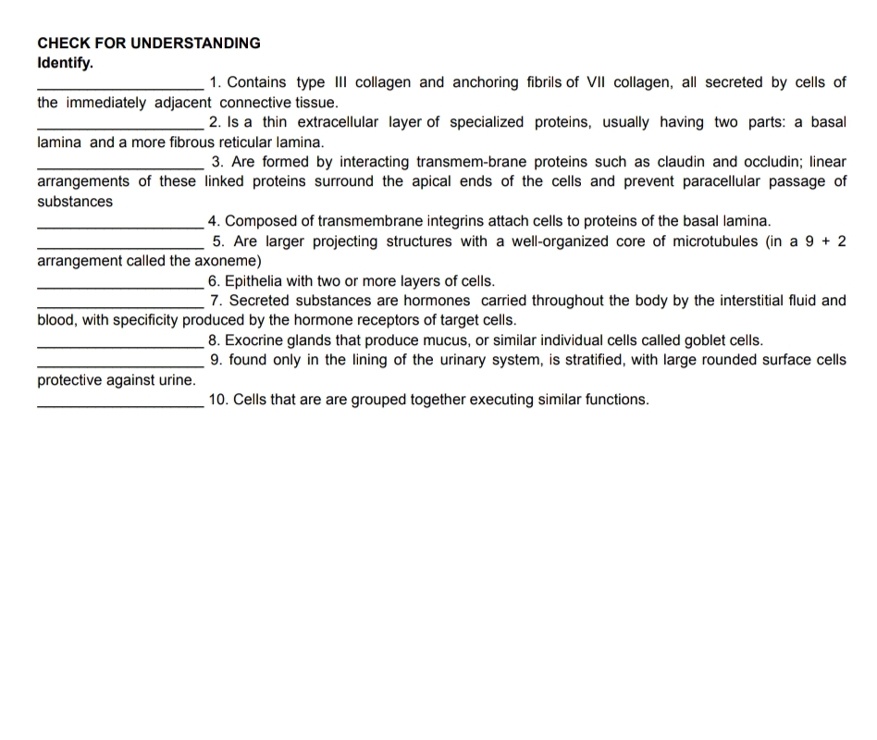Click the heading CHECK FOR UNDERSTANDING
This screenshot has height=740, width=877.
149,43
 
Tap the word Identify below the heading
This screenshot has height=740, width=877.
65,64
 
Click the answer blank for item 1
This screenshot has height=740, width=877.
120,87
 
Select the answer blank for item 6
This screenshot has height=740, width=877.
120,286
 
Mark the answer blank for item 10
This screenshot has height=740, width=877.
120,405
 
